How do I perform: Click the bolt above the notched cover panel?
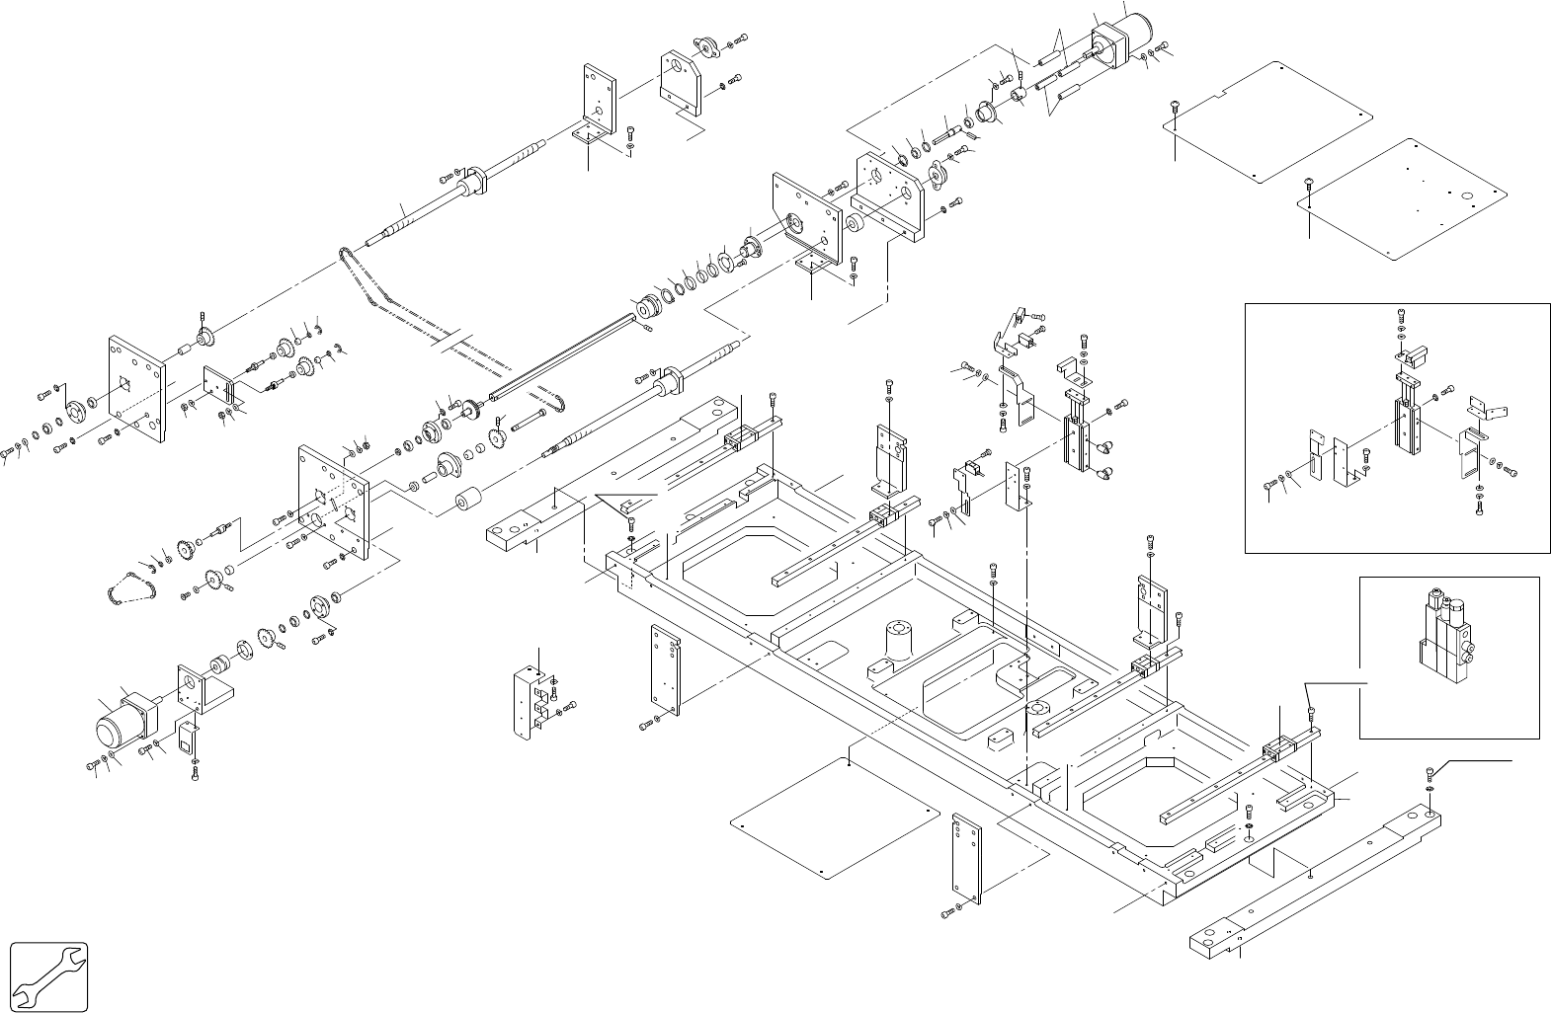coord(1175,105)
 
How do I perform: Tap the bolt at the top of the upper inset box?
coord(1402,316)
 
